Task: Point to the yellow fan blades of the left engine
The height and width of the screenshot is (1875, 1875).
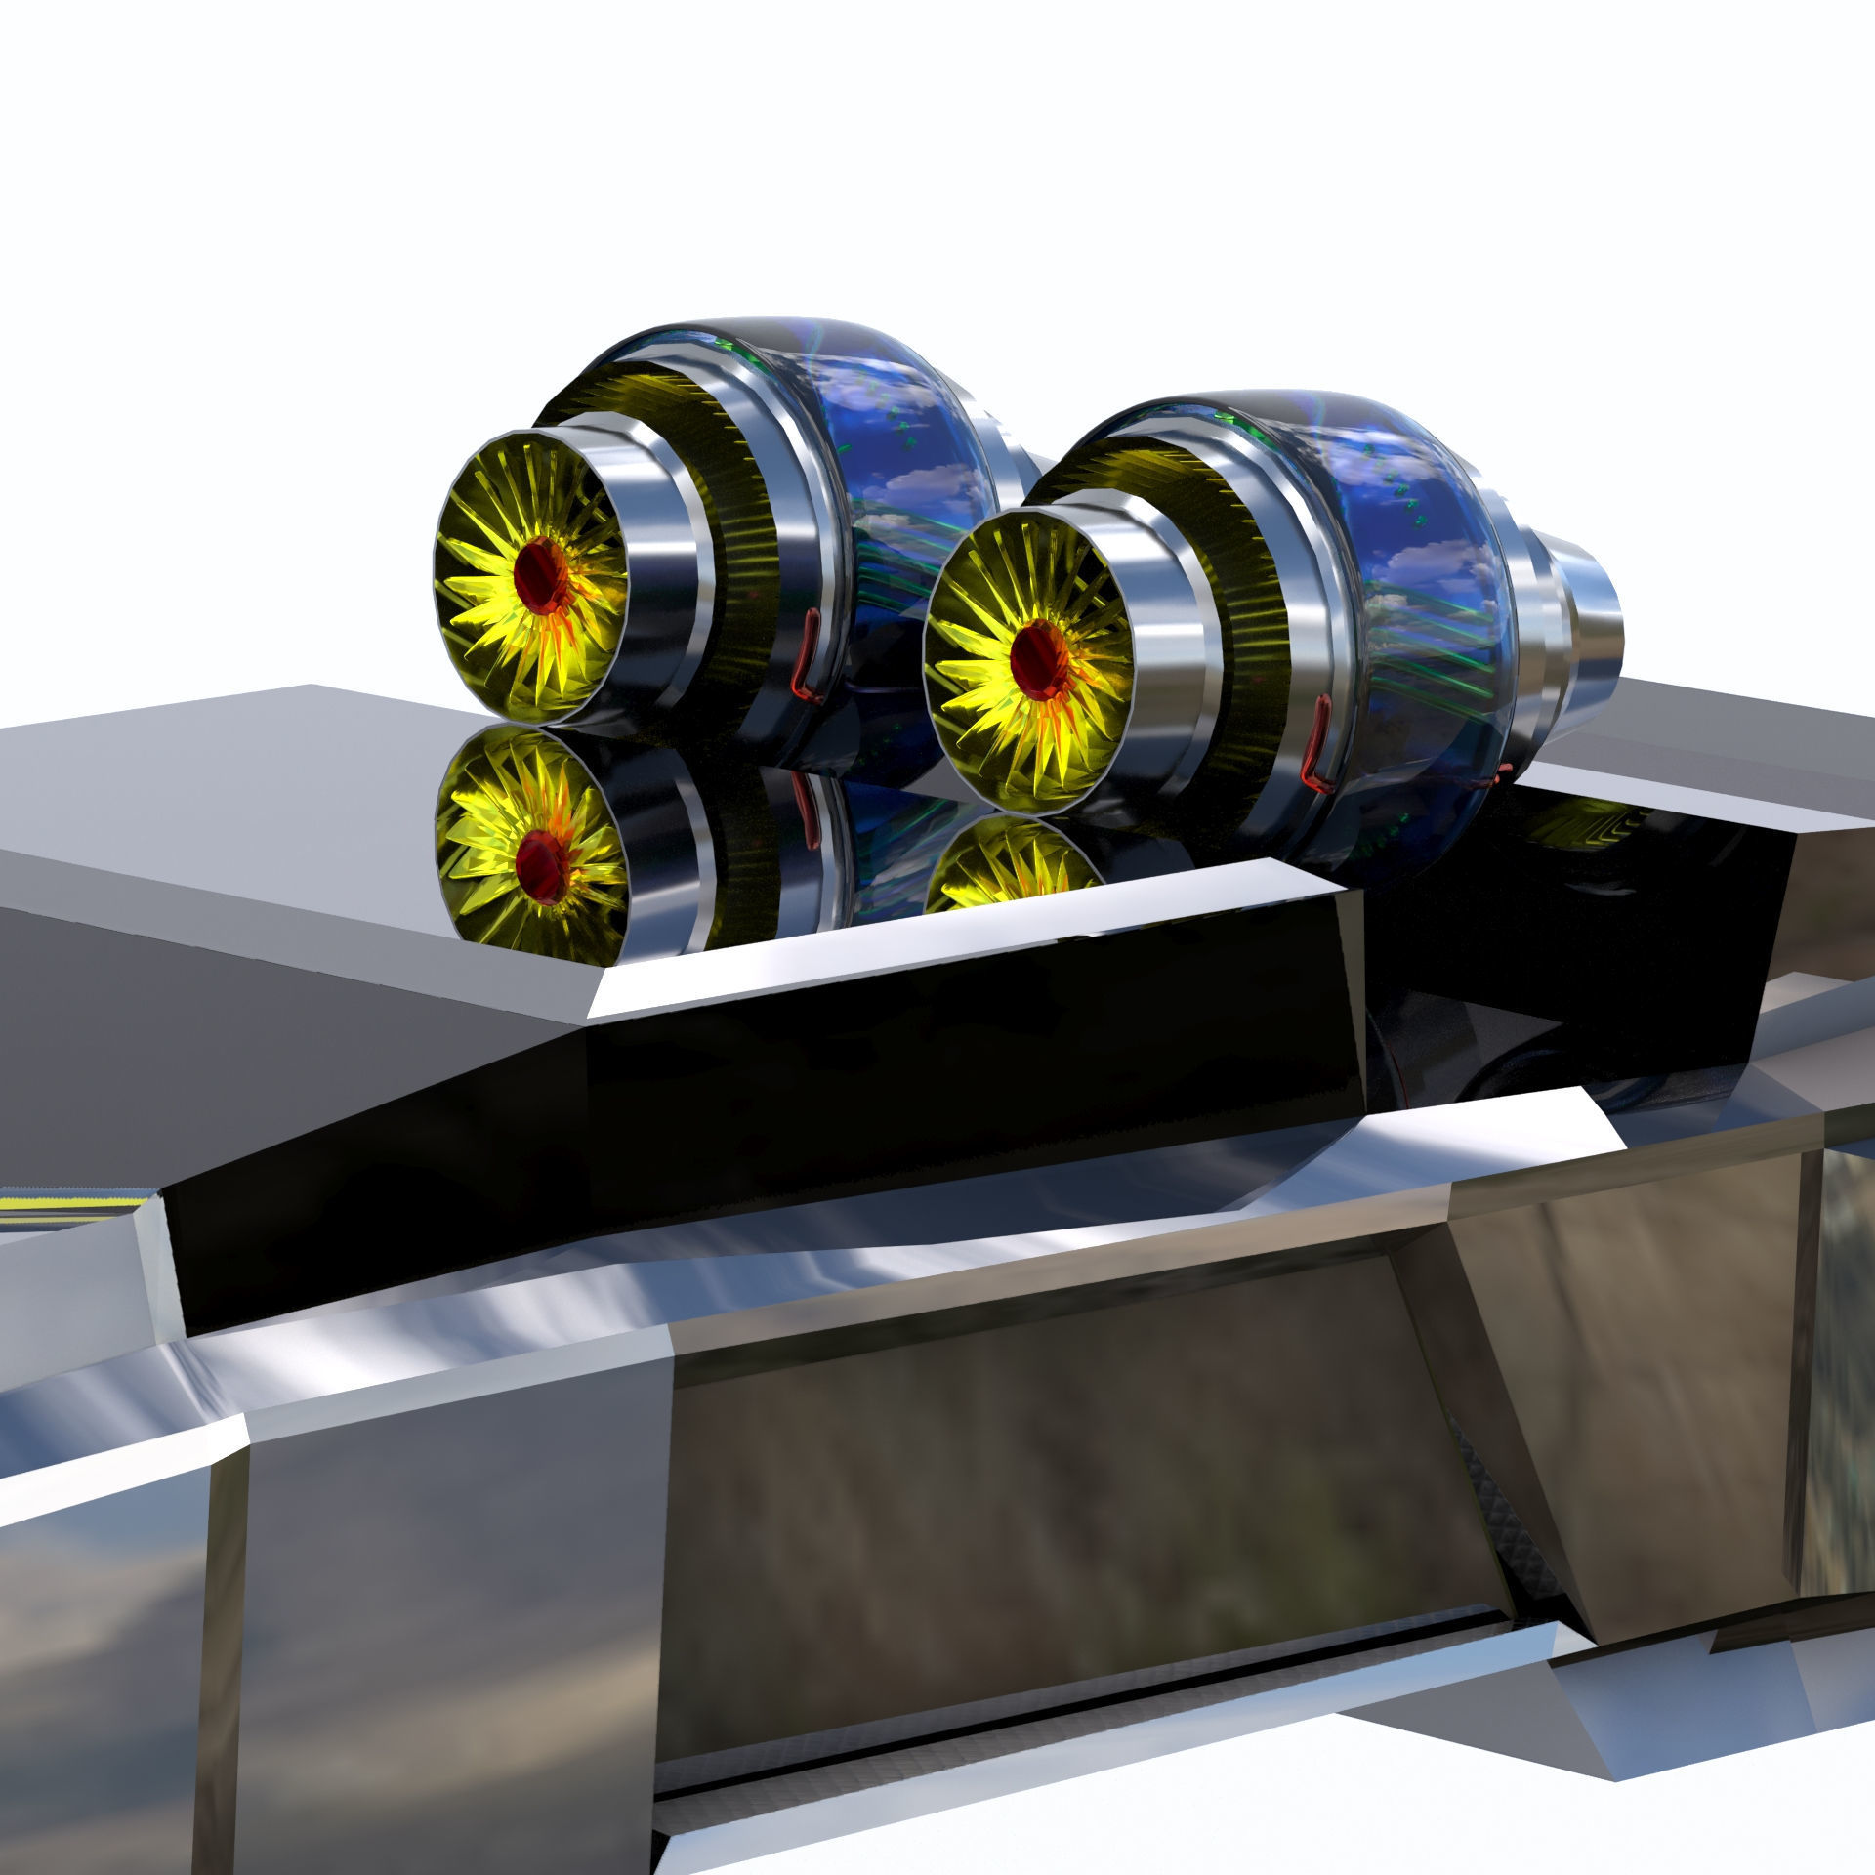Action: click(488, 625)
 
